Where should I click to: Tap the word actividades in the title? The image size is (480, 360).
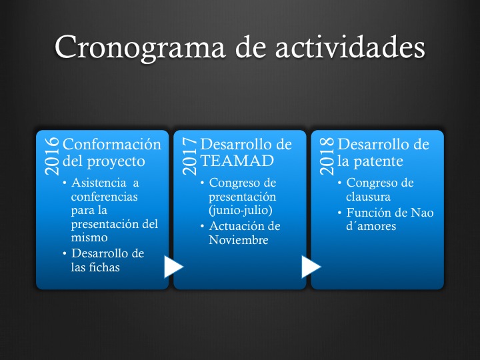pos(350,47)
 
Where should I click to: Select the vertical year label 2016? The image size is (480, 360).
pos(52,156)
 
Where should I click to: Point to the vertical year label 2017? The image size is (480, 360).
pos(189,156)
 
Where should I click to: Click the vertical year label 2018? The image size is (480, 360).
pos(327,156)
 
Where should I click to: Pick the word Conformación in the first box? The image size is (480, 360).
pos(112,144)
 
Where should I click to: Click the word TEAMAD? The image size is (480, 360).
pos(237,161)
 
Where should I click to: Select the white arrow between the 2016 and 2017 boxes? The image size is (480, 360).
pos(173,267)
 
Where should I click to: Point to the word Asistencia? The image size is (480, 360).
pos(99,183)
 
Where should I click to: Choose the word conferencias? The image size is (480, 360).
pos(105,197)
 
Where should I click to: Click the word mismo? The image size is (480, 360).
pos(89,237)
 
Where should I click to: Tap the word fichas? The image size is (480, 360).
pos(105,267)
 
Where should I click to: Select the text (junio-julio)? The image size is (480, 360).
pos(241,211)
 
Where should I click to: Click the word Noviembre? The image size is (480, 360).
pos(239,240)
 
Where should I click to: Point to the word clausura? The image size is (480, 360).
pos(368,197)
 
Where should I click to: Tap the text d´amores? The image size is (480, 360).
pos(371,226)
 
